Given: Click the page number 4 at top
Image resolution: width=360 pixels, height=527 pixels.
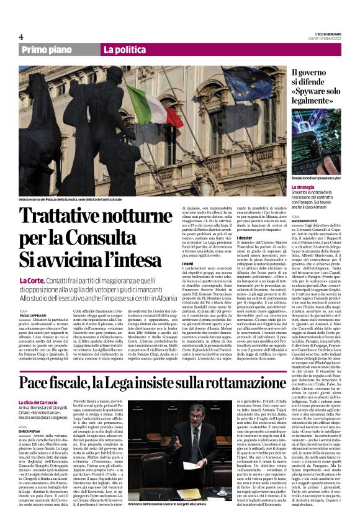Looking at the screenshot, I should point(20,37).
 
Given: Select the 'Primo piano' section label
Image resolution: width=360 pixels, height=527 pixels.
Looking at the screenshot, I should point(47,50).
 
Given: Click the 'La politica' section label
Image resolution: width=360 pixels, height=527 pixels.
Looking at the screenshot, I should point(124,50).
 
